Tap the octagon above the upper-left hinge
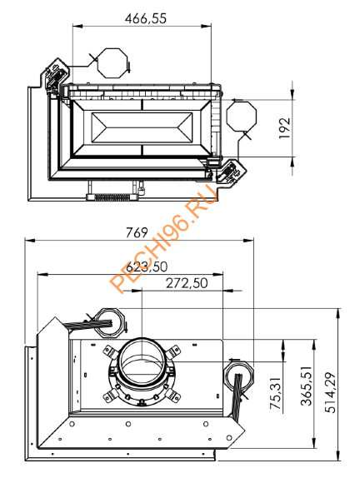pos(109,63)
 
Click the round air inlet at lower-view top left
pos(106,320)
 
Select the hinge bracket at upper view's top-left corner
pos(57,77)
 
